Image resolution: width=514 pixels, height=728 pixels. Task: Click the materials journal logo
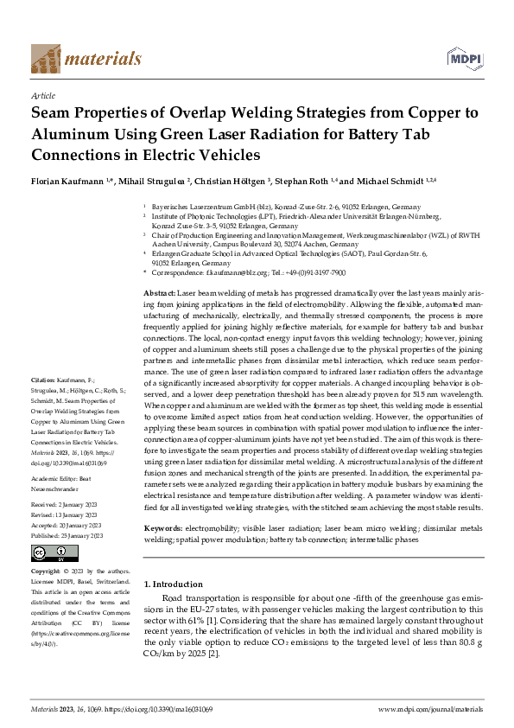[86, 58]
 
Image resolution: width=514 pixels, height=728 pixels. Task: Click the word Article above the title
[42, 96]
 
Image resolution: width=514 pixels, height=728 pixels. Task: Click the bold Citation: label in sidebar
[43, 404]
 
